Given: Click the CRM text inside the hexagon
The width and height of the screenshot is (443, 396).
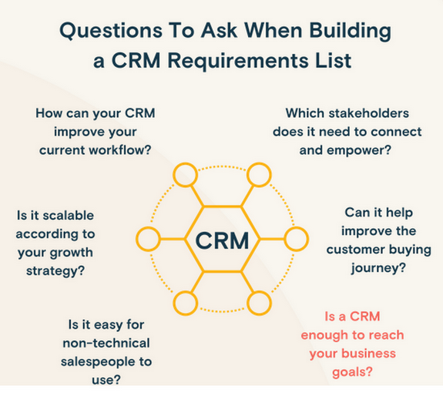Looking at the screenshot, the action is [222, 240].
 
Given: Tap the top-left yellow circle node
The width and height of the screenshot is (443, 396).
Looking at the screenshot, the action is [185, 175].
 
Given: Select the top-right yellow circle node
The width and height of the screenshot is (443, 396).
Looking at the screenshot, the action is [259, 175].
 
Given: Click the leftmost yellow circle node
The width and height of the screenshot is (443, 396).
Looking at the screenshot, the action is [149, 239].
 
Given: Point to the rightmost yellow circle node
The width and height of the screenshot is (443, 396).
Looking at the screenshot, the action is [296, 239].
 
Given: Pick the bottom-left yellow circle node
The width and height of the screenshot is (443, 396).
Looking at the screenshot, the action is [185, 303].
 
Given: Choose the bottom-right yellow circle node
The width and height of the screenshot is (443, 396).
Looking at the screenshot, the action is [259, 303].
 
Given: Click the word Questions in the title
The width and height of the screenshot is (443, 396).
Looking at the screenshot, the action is [111, 31].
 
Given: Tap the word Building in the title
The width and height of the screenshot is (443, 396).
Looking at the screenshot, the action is [351, 31].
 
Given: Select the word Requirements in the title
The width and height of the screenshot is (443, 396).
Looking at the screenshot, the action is [238, 62].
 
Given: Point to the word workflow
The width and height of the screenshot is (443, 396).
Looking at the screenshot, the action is [120, 149].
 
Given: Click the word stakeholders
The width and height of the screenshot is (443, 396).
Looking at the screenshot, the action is [369, 113].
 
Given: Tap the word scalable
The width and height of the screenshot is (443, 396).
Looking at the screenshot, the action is [69, 215].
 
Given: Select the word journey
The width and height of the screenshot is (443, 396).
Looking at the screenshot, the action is [378, 268].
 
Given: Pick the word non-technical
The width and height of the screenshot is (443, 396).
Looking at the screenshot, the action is [106, 343].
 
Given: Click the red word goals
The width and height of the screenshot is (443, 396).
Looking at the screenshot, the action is [352, 372].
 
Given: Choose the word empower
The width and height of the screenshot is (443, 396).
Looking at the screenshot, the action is [359, 150].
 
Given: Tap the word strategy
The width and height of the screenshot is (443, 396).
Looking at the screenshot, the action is [55, 271].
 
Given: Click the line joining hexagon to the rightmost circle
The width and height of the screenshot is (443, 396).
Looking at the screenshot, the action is [271, 240].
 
